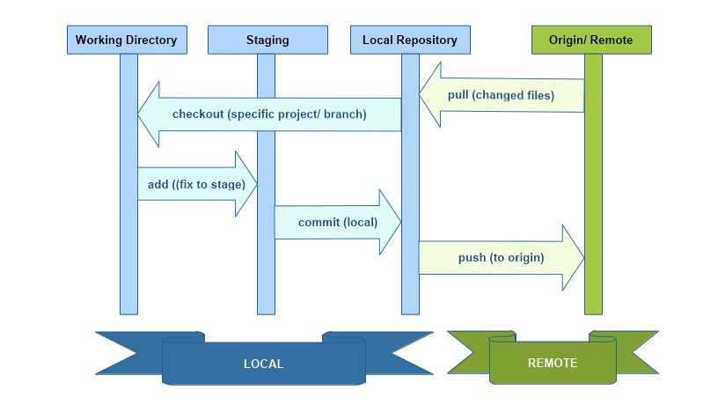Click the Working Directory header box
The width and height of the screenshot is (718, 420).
click(126, 40)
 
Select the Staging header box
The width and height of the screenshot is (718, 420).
click(267, 40)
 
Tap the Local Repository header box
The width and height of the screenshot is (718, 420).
click(410, 40)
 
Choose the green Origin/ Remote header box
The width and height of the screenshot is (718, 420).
click(592, 40)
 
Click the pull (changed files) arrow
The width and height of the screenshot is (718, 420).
click(502, 95)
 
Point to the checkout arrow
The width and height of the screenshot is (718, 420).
click(269, 114)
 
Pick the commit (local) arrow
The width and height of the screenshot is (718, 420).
click(338, 222)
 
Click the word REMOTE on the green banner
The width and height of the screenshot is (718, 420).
click(553, 363)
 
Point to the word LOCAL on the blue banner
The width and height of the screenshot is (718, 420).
click(264, 364)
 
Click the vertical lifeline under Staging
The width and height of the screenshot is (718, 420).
click(266, 282)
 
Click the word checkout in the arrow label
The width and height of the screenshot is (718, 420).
click(198, 114)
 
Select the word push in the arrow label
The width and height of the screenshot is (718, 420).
click(473, 258)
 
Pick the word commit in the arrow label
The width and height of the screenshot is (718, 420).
click(319, 222)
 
